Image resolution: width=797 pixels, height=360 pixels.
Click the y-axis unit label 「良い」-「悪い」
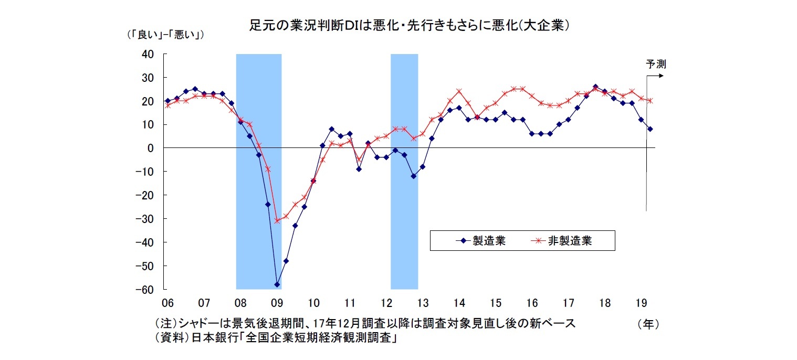click(165, 35)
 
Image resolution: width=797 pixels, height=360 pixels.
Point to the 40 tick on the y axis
click(147, 54)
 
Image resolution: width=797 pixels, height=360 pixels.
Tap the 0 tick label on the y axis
click(150, 149)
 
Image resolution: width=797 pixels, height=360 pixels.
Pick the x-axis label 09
click(277, 303)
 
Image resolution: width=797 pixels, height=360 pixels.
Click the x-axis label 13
click(423, 303)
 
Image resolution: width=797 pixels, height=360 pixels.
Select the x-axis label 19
click(641, 303)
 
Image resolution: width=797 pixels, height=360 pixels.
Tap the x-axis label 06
click(167, 303)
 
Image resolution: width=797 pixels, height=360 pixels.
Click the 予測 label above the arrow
click(656, 65)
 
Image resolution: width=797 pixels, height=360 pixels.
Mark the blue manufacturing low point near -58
click(277, 284)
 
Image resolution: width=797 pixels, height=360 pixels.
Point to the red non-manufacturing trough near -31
click(277, 221)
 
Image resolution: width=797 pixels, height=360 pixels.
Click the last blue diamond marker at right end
click(650, 129)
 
